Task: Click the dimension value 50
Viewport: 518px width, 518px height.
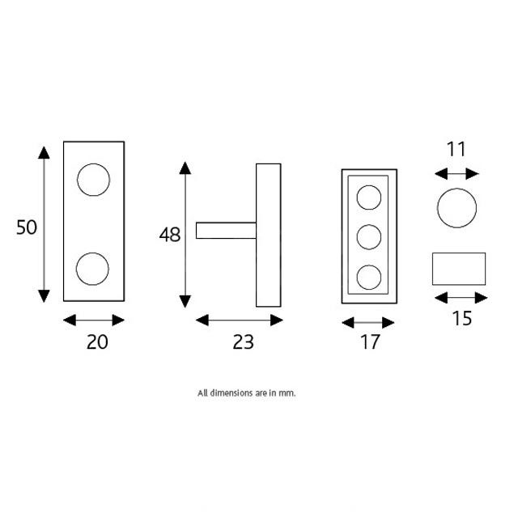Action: [27, 227]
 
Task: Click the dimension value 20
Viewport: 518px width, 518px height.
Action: [96, 342]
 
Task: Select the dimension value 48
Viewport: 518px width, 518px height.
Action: [170, 236]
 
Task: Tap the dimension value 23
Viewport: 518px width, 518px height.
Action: [243, 342]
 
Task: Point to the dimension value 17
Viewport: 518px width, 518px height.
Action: [369, 342]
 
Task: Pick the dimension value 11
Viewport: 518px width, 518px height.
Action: [456, 149]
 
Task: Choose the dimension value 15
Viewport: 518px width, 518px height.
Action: [461, 318]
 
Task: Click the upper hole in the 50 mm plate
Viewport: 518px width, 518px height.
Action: [93, 180]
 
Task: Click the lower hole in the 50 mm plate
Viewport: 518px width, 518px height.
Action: [92, 268]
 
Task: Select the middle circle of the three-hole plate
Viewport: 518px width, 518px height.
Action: [369, 237]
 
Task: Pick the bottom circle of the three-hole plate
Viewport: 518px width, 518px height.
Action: [369, 276]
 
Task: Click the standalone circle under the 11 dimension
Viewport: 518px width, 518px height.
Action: [456, 209]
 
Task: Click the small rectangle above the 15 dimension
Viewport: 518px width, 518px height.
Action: [458, 269]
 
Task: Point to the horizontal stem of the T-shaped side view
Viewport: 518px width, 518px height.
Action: [227, 231]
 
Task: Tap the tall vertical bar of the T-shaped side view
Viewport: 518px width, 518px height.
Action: [268, 236]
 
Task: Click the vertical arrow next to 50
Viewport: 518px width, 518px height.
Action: [44, 224]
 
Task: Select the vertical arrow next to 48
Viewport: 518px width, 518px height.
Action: [185, 235]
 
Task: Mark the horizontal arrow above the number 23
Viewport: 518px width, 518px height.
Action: [240, 321]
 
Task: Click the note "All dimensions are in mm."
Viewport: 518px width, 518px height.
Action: [247, 393]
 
